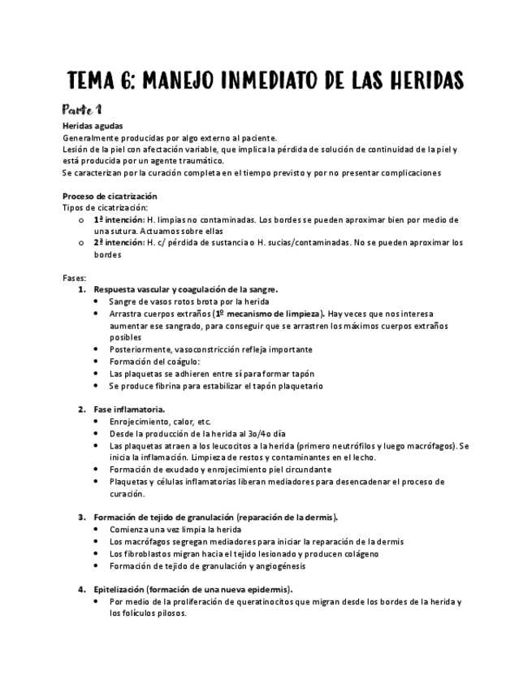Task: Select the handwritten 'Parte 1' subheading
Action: click(x=81, y=109)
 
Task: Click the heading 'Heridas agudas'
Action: click(x=93, y=126)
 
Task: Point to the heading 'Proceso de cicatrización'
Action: click(x=110, y=197)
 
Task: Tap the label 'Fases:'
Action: click(x=74, y=278)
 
